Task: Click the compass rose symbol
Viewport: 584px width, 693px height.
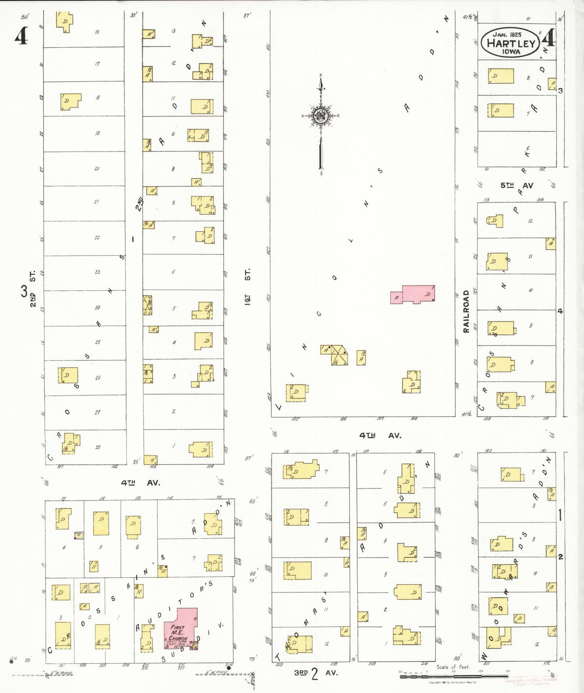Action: pyautogui.click(x=321, y=116)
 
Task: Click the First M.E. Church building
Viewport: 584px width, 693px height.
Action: pyautogui.click(x=180, y=628)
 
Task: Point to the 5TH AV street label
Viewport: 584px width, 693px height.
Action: pyautogui.click(x=517, y=186)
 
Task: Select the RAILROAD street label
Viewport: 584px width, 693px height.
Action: pyautogui.click(x=466, y=311)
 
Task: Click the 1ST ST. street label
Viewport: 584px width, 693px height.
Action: pyautogui.click(x=247, y=286)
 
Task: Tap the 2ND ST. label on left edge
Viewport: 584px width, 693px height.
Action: pyautogui.click(x=33, y=289)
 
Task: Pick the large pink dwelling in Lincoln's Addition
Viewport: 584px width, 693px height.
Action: pyautogui.click(x=418, y=294)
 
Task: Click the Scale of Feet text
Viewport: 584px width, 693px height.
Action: pyautogui.click(x=453, y=667)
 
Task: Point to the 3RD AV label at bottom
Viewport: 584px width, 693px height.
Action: pyautogui.click(x=315, y=673)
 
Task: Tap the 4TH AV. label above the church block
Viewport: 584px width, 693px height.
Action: pyautogui.click(x=140, y=483)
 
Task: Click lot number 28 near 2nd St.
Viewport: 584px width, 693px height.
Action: pyautogui.click(x=97, y=447)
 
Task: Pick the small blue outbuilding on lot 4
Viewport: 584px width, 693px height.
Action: pyautogui.click(x=79, y=535)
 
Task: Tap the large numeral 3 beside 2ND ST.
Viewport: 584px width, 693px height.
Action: pyautogui.click(x=24, y=290)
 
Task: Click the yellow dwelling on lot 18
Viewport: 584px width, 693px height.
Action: pyautogui.click(x=70, y=101)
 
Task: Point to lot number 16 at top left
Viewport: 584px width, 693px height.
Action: pyautogui.click(x=97, y=32)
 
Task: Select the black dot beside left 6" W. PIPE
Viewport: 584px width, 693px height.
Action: pyautogui.click(x=11, y=662)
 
